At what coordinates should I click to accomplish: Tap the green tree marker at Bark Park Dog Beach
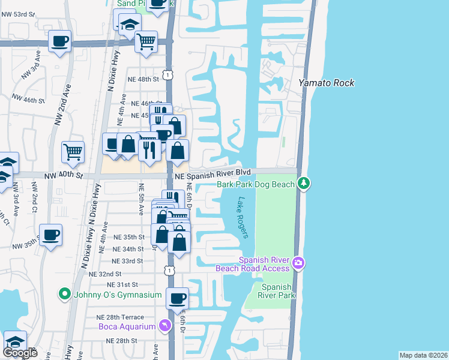tap(304, 182)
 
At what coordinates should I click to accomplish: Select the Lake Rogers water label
tap(243, 217)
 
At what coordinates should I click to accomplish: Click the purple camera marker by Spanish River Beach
tap(298, 263)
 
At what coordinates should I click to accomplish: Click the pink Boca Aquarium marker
tap(164, 326)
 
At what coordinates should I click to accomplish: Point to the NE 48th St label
tap(142, 79)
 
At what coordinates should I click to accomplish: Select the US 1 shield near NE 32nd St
tap(170, 271)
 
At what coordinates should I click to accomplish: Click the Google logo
tap(20, 352)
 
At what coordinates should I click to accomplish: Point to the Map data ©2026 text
tap(423, 355)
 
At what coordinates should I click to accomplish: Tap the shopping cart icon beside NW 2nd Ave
tap(73, 152)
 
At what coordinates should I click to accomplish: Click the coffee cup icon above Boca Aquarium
tap(177, 298)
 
